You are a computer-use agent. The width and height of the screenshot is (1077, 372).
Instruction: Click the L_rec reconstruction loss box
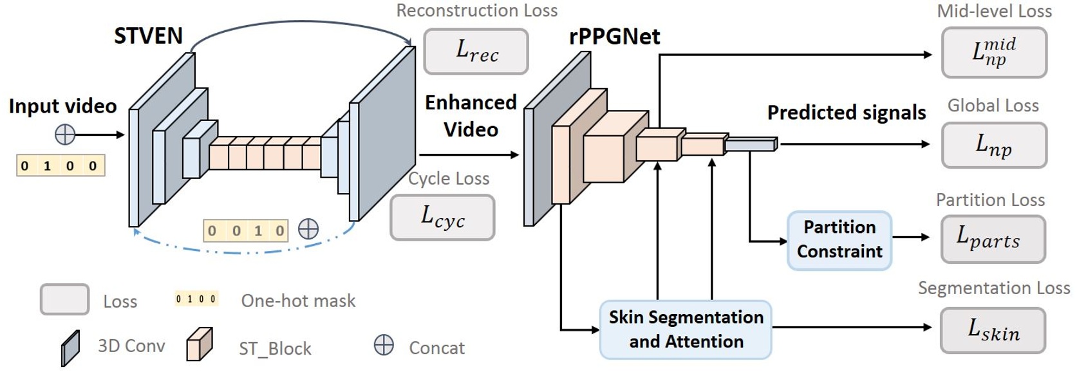click(476, 51)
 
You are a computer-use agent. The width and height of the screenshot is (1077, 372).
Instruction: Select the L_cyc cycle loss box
click(442, 218)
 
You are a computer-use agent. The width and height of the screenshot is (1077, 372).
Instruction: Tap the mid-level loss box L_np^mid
click(993, 53)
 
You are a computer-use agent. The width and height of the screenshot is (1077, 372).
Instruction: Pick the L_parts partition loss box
click(992, 239)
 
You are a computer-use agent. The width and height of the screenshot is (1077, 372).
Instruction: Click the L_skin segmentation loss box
click(992, 331)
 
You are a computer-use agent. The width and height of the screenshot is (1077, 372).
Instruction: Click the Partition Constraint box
click(839, 240)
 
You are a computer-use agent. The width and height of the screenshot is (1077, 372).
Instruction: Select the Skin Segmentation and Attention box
click(686, 330)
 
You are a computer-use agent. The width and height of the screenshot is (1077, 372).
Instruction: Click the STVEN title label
click(148, 36)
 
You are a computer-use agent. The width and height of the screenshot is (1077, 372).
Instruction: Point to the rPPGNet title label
click(614, 37)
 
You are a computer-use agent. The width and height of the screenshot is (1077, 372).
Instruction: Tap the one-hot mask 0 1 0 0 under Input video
click(61, 166)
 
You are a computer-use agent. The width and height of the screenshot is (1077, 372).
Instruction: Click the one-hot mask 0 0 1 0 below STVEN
click(245, 230)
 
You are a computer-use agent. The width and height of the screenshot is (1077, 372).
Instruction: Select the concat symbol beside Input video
click(65, 135)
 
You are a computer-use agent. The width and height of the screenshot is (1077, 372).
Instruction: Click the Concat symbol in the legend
click(384, 346)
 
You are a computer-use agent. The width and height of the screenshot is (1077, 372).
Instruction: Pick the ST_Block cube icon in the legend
click(199, 344)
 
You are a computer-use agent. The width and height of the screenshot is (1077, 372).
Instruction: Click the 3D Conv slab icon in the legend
click(70, 348)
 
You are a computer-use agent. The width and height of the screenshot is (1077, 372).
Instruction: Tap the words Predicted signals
click(846, 113)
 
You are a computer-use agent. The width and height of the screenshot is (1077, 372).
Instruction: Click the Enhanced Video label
click(471, 116)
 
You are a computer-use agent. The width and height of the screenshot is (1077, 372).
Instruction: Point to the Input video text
click(62, 106)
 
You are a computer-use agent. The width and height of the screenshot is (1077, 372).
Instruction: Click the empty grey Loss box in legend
click(64, 299)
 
